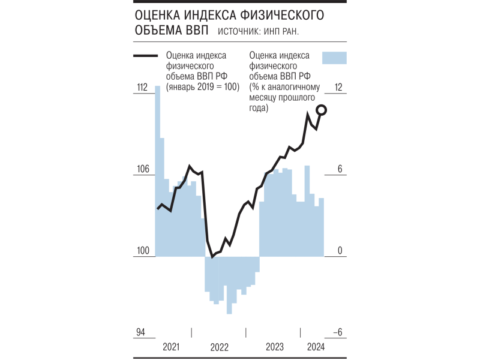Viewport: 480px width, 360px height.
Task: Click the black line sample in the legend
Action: [148, 56]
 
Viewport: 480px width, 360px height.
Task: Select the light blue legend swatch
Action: [335, 57]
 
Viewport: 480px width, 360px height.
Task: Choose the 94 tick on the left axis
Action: [140, 332]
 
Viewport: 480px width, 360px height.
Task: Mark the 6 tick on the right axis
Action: [339, 170]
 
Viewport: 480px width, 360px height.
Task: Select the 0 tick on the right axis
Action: [339, 251]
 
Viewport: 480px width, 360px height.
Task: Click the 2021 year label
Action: [171, 347]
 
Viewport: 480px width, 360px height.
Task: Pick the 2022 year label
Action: [220, 347]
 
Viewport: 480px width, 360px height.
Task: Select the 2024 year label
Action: [316, 347]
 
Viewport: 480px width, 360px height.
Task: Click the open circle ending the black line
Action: [321, 109]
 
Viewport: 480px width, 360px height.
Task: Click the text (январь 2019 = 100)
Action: [203, 87]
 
